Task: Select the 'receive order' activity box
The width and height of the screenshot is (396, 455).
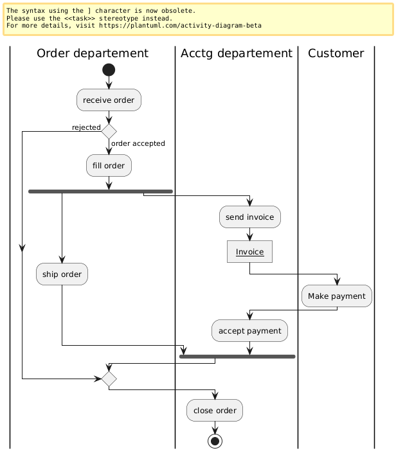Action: [109, 100]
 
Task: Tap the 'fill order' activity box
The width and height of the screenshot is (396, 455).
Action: [109, 165]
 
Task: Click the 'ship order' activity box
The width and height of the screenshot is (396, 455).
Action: [62, 274]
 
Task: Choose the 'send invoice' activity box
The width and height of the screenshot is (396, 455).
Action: [250, 217]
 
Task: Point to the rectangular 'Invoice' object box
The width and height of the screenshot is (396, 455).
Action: [250, 252]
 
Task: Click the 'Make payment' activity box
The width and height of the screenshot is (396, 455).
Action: [337, 296]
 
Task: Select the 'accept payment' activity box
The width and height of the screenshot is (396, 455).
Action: [250, 331]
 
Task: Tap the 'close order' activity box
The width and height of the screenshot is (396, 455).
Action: [215, 411]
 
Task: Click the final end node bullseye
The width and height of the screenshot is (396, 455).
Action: [215, 441]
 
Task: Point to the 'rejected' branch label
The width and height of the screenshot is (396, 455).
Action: [85, 127]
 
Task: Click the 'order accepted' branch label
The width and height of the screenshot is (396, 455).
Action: [138, 143]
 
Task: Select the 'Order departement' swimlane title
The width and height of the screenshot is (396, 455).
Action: [93, 53]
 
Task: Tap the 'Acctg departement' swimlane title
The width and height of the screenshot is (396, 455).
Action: [237, 53]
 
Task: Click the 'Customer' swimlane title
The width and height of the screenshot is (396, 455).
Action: [336, 53]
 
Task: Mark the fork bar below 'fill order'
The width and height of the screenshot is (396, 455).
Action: [101, 191]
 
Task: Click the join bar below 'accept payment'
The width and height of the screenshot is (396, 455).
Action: [237, 356]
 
